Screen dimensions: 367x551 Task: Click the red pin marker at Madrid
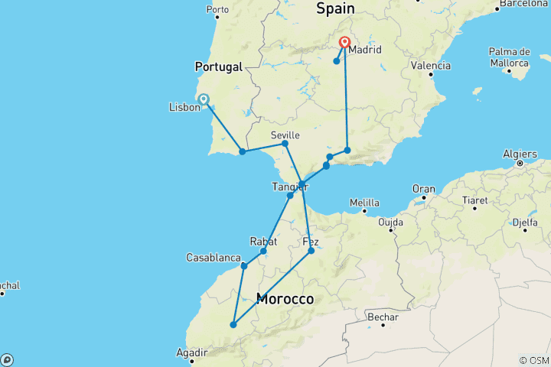[x=345, y=43]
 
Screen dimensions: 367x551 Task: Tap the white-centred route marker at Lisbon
[x=204, y=99]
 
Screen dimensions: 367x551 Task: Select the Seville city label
[x=285, y=135]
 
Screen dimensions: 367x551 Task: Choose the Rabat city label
[x=262, y=242]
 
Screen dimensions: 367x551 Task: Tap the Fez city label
[x=311, y=242]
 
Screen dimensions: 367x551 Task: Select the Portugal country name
[x=218, y=67]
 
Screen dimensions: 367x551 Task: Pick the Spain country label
[x=335, y=8]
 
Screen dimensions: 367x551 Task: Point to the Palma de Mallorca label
[x=509, y=57]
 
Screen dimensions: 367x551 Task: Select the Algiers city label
[x=520, y=154]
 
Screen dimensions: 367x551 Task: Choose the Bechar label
[x=383, y=315]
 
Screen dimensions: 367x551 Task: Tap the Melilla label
[x=364, y=203]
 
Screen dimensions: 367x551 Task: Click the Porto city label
[x=217, y=11]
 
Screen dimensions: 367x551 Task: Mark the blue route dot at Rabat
[x=263, y=252]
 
